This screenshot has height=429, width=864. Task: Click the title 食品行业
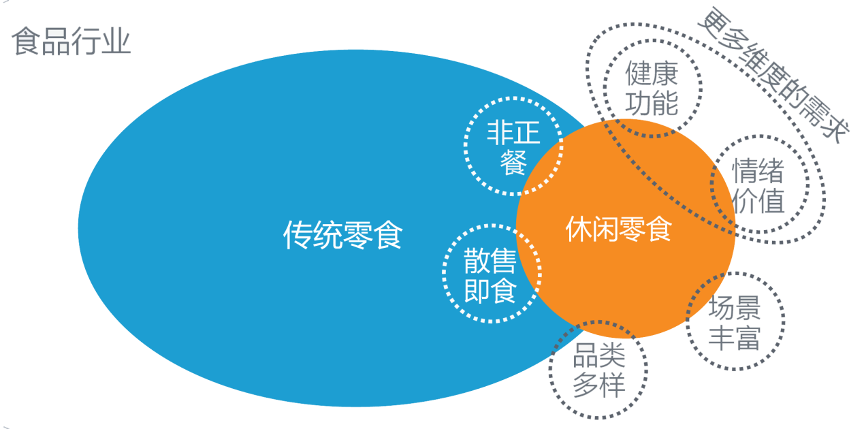pyautogui.click(x=71, y=42)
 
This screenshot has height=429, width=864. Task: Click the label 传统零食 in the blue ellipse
pyautogui.click(x=342, y=236)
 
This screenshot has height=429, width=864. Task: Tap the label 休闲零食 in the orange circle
pyautogui.click(x=618, y=230)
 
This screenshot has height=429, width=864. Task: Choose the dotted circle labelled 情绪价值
pyautogui.click(x=758, y=186)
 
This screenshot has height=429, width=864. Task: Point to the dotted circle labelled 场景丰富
pyautogui.click(x=734, y=323)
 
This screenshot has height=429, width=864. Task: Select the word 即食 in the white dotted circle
pyautogui.click(x=490, y=291)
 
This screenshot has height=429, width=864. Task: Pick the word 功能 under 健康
pyautogui.click(x=652, y=104)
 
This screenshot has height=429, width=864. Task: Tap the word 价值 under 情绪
pyautogui.click(x=758, y=202)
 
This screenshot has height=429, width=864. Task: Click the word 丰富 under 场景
pyautogui.click(x=734, y=338)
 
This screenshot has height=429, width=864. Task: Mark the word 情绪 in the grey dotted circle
pyautogui.click(x=758, y=170)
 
